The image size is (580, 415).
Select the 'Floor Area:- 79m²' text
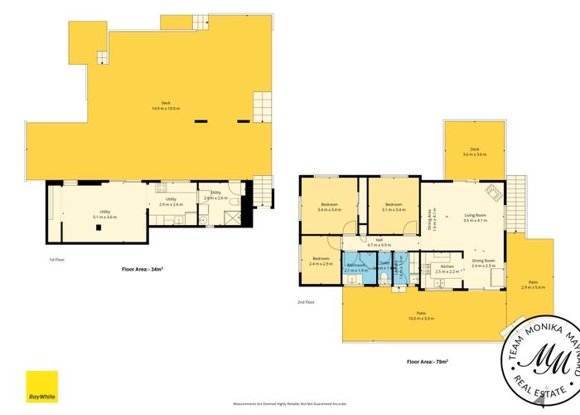point(428,362)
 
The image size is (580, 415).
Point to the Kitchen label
point(447,269)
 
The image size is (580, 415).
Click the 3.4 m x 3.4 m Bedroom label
point(329,207)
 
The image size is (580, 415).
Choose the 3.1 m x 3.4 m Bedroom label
point(393,207)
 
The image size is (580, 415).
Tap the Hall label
point(379,243)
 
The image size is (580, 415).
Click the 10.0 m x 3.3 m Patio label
point(421,315)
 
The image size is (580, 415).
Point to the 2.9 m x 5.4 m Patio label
point(534,285)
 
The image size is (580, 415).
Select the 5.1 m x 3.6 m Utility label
point(105,214)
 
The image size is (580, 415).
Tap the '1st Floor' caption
point(59,260)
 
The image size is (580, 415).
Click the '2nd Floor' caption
point(306,302)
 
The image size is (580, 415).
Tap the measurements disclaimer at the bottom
point(289,403)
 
